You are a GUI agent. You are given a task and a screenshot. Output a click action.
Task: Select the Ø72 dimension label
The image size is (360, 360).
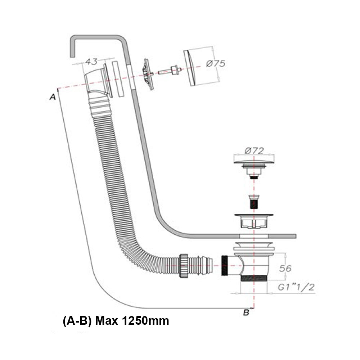click(x=254, y=150)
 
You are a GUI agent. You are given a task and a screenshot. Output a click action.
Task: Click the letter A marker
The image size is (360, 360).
click(x=53, y=97)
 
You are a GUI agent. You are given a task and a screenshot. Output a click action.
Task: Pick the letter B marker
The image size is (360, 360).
click(x=246, y=312)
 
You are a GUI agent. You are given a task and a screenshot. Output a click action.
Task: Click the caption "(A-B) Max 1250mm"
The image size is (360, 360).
click(x=116, y=320)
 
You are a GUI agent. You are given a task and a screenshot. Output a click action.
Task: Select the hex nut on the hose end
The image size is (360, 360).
click(x=184, y=266)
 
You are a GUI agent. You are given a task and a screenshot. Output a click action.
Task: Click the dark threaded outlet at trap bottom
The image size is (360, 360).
click(x=253, y=278)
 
